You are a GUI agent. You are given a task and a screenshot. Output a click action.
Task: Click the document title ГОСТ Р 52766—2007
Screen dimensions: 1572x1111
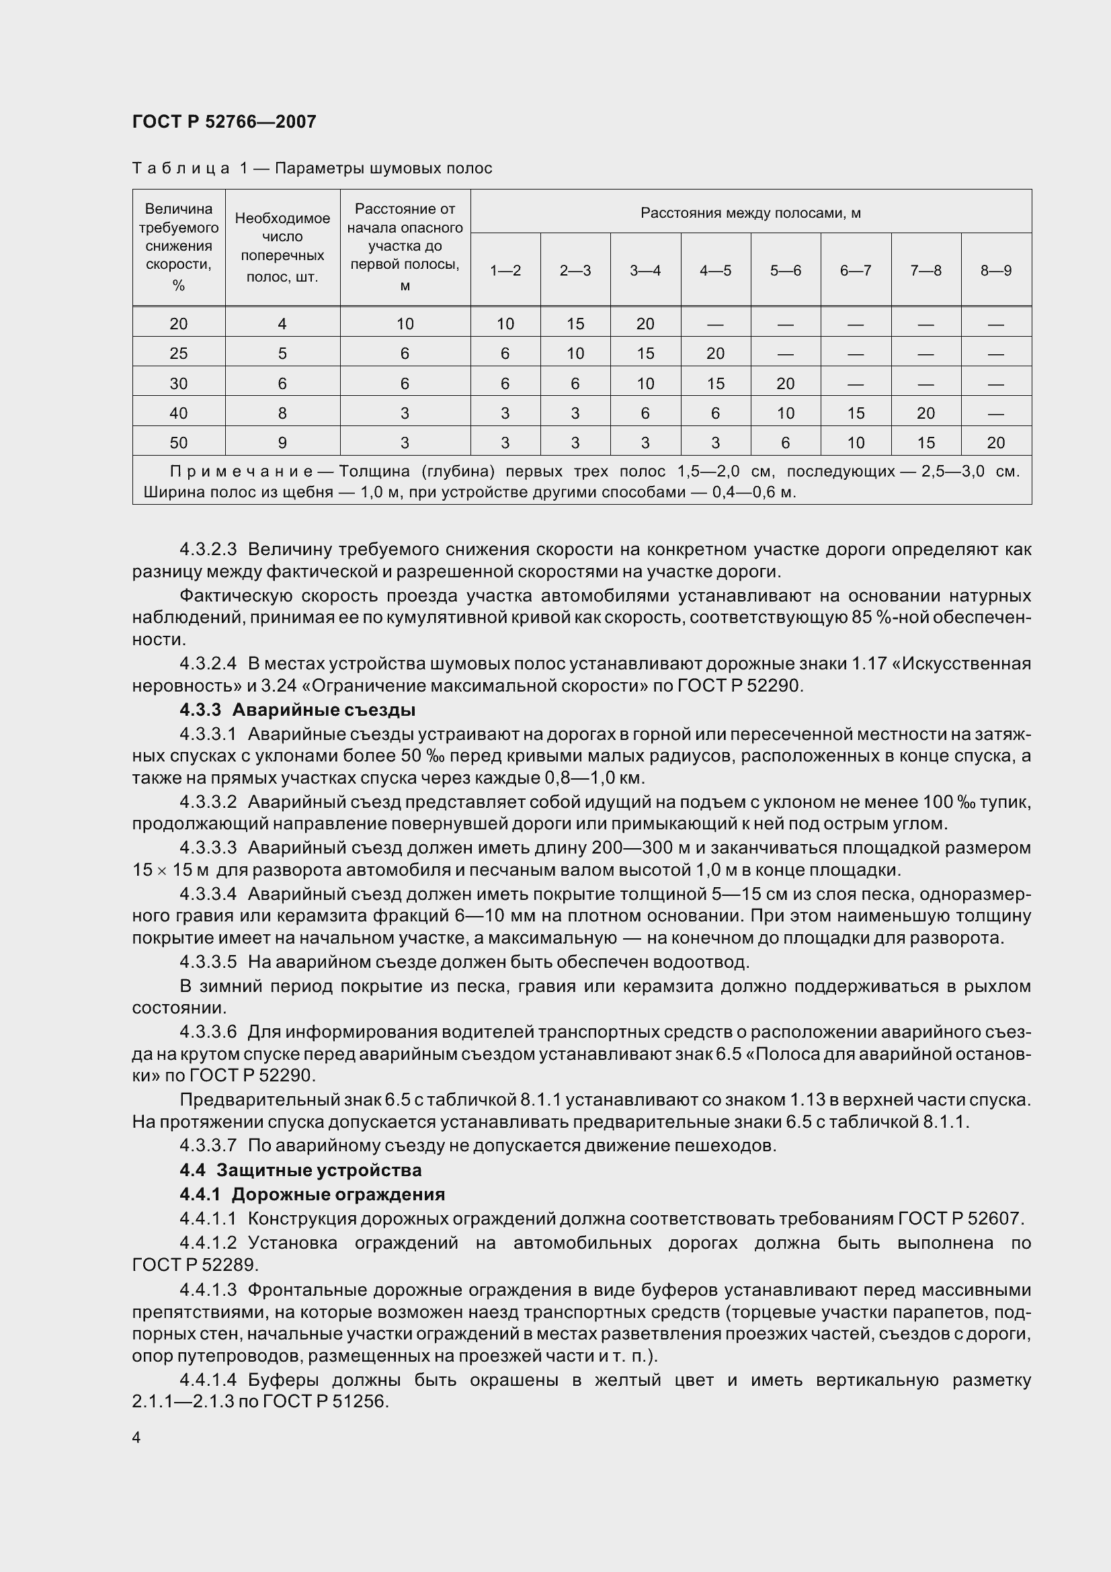224,122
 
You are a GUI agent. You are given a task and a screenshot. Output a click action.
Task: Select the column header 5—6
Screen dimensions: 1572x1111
785,270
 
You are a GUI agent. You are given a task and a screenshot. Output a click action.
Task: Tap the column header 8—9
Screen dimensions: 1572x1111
995,270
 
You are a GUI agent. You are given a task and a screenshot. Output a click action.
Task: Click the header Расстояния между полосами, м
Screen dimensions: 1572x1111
750,213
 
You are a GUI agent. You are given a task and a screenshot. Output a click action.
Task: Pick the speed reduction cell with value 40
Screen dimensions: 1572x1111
178,413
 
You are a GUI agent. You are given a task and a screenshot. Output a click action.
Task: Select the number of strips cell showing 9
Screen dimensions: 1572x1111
282,443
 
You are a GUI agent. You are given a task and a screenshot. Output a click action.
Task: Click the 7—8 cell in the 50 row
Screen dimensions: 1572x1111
925,443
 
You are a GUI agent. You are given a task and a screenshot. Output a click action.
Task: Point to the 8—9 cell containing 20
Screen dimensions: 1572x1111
995,443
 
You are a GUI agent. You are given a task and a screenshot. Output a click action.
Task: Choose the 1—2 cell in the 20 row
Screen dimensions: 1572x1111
505,324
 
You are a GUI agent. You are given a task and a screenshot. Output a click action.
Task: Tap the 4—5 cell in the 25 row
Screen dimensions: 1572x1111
715,354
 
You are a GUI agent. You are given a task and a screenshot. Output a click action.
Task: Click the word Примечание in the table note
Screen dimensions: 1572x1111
241,471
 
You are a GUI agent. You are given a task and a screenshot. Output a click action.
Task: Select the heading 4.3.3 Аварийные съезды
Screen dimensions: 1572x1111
297,710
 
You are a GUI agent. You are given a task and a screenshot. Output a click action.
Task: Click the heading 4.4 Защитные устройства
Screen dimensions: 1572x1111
300,1170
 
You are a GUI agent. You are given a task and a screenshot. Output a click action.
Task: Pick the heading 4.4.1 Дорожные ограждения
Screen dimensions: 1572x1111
312,1194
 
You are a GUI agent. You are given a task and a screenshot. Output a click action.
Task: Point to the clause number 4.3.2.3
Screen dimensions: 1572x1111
208,549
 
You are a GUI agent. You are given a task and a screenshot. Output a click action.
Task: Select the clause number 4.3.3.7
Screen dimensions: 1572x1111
208,1145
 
